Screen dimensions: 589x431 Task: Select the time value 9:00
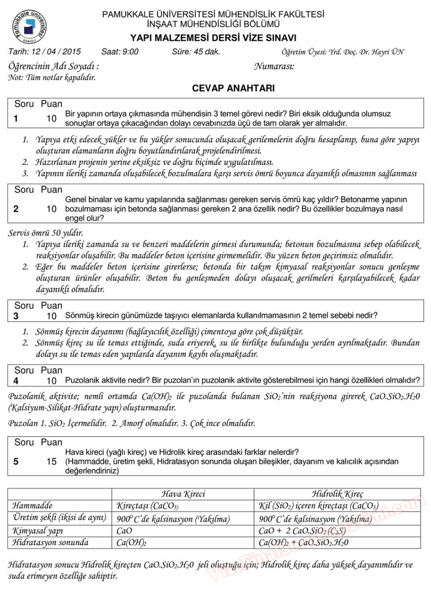click(129, 52)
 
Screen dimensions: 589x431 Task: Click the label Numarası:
click(274, 66)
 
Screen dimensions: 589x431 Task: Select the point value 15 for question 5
click(51, 462)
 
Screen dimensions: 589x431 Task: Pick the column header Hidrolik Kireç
click(337, 494)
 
